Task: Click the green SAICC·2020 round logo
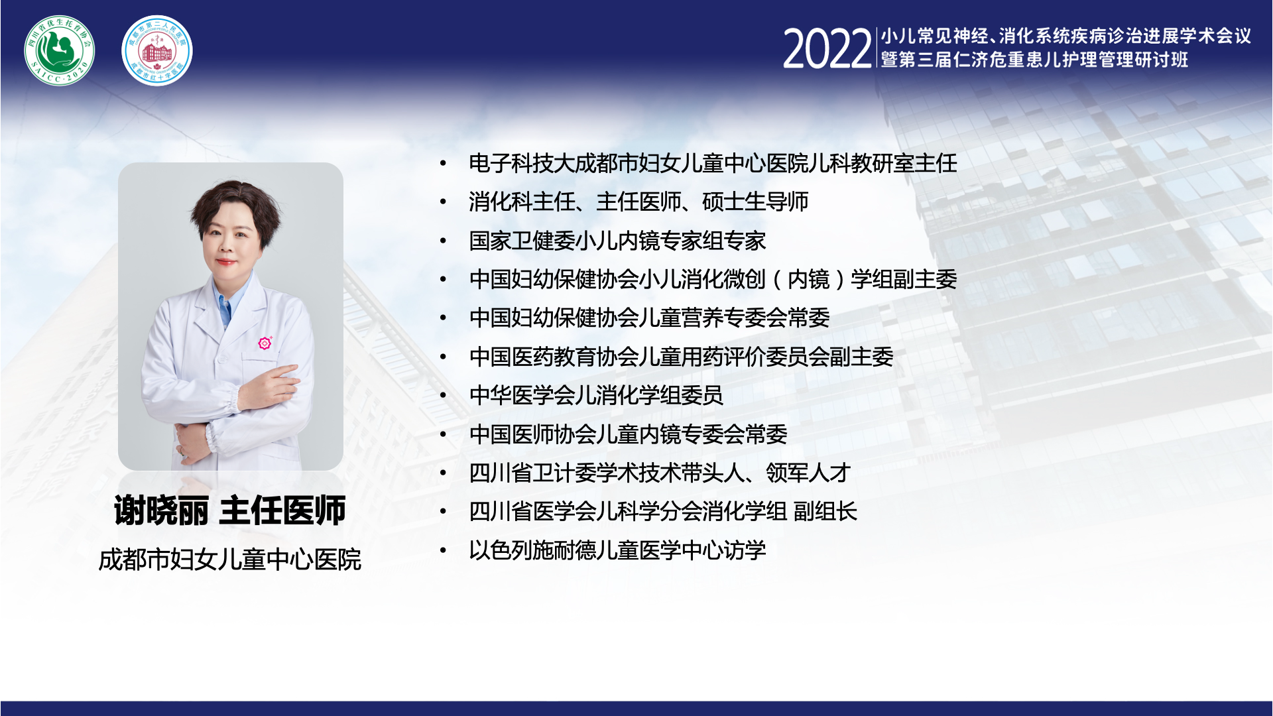click(60, 50)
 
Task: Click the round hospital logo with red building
click(157, 50)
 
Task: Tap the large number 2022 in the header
click(827, 49)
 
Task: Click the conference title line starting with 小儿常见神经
click(1066, 36)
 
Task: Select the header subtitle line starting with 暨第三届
click(1034, 60)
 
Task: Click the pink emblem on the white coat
click(265, 343)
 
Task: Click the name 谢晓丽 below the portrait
click(161, 510)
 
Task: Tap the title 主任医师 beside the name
click(282, 510)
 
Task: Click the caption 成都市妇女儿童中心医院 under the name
click(229, 560)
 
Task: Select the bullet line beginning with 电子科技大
click(713, 163)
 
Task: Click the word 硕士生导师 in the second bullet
click(755, 202)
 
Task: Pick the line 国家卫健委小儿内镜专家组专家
click(617, 241)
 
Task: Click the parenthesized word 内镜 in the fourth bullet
click(808, 279)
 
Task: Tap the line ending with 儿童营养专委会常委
click(649, 318)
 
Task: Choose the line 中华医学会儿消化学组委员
click(596, 395)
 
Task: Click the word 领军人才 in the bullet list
click(808, 473)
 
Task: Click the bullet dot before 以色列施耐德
click(443, 550)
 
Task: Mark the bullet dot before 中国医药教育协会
click(443, 357)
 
